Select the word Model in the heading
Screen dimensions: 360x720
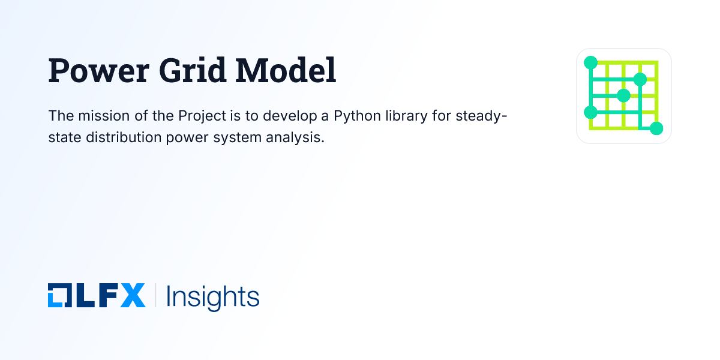(x=286, y=71)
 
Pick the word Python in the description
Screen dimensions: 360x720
(x=355, y=115)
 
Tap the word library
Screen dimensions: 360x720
(x=406, y=115)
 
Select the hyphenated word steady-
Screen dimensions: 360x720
(x=480, y=115)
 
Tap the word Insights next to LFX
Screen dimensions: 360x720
(x=212, y=297)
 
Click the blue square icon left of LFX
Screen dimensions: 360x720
(x=59, y=296)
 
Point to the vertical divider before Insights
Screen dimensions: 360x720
(x=155, y=296)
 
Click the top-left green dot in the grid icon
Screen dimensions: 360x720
(x=590, y=62)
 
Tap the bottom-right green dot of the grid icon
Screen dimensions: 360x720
(x=656, y=128)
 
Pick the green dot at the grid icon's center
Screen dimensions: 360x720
(x=624, y=95)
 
